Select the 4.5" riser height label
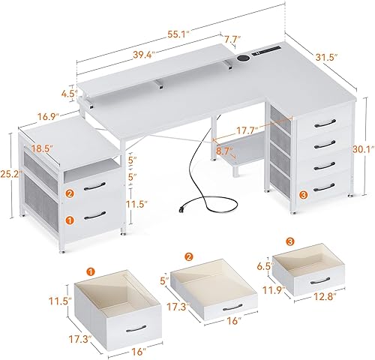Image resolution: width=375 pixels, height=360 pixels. [x=69, y=94]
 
